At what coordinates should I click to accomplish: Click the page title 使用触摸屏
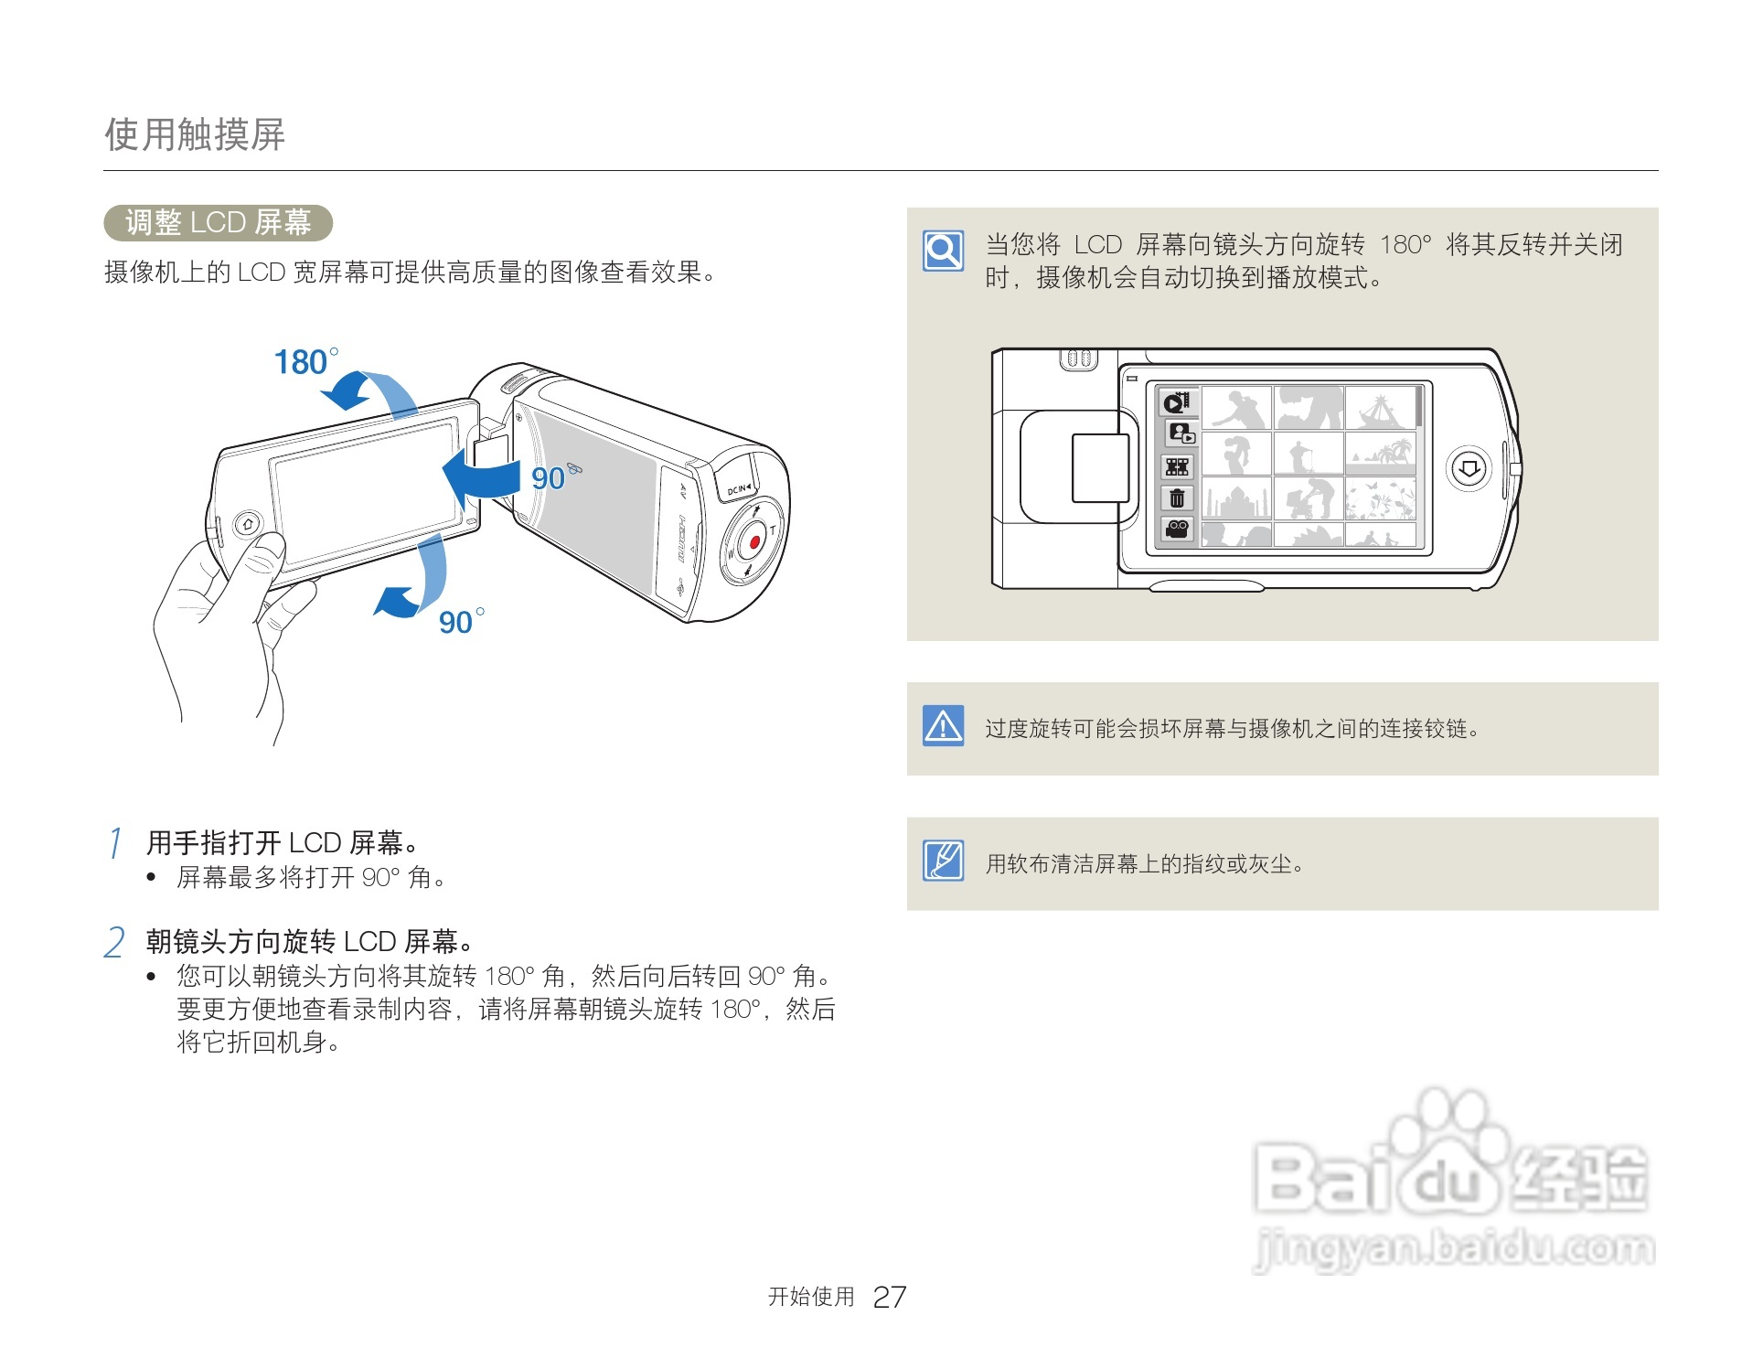click(x=195, y=134)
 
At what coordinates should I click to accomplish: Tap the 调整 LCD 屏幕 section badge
click(x=218, y=222)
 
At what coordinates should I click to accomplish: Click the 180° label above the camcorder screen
click(x=306, y=361)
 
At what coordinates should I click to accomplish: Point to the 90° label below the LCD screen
click(x=461, y=621)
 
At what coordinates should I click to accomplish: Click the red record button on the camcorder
click(x=755, y=542)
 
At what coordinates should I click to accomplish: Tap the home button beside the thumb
click(x=247, y=525)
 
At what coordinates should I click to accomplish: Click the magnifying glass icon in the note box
click(x=944, y=250)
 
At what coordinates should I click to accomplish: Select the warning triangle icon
click(x=944, y=726)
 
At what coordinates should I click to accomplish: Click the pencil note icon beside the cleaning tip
click(x=944, y=861)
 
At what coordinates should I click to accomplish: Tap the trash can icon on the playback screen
click(x=1177, y=497)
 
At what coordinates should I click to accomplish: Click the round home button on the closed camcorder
click(x=1469, y=469)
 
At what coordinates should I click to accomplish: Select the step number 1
click(x=115, y=842)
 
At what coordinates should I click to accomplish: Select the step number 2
click(x=115, y=942)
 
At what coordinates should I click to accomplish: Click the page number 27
click(x=890, y=1297)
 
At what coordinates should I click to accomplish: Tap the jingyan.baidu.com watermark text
click(x=1454, y=1248)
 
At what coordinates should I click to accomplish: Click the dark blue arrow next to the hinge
click(x=481, y=476)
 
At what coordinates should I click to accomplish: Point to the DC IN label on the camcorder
click(x=739, y=489)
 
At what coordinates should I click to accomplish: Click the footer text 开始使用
click(x=811, y=1297)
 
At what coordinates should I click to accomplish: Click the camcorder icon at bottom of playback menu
click(x=1177, y=529)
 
